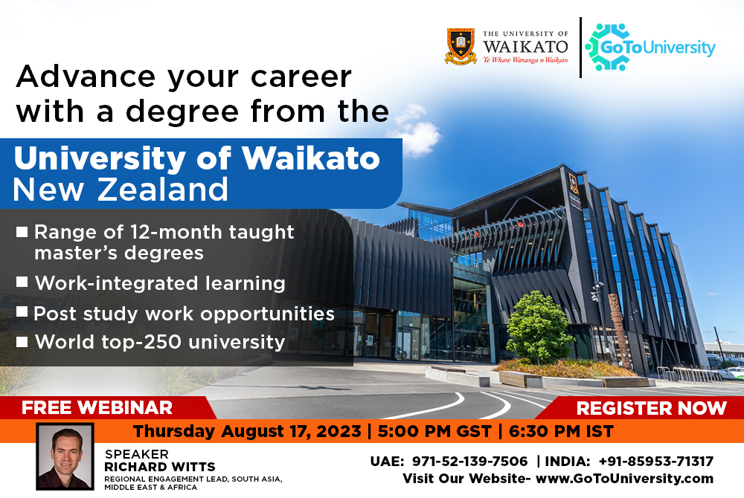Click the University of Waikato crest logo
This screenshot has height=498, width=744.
point(461,46)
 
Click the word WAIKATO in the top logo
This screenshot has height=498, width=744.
point(525,46)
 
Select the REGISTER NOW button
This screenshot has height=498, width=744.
point(651,408)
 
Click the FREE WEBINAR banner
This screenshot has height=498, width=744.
point(97,407)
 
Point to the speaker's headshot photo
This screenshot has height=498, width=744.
point(65,457)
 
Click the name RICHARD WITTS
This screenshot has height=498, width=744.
point(160,467)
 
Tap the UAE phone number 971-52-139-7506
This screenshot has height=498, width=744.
point(469,461)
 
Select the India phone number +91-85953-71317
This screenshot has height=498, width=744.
point(655,461)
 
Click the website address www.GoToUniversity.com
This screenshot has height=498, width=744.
point(624,479)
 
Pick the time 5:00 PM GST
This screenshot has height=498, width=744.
point(434,432)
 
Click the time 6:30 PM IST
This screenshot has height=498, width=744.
point(561,432)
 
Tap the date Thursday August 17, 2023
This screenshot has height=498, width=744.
point(247,432)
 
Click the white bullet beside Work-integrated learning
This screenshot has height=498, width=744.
point(22,282)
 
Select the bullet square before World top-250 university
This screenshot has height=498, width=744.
point(22,341)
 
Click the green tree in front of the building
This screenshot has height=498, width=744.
point(538,327)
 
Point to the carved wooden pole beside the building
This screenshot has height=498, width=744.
point(619,331)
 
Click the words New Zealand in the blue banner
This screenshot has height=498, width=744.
point(121,190)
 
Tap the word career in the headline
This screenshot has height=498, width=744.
point(301,77)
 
